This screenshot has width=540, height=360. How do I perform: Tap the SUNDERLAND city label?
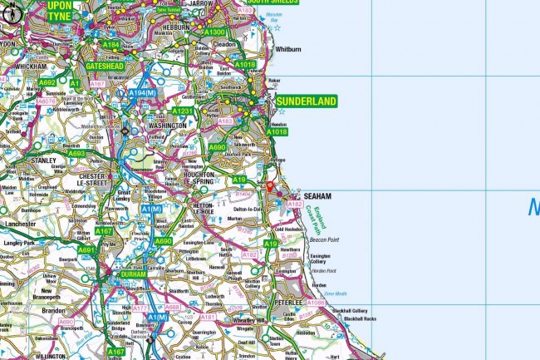306,101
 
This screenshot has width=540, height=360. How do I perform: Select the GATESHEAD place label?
106,66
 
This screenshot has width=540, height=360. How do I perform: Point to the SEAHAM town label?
317,195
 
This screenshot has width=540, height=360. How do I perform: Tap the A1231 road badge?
183,111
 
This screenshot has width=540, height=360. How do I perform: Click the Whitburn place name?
287,49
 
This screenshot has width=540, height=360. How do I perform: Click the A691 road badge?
86,249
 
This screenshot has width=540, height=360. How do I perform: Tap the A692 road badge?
47,83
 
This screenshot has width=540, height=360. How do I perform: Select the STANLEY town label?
43,160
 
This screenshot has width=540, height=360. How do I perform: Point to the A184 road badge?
111,44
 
